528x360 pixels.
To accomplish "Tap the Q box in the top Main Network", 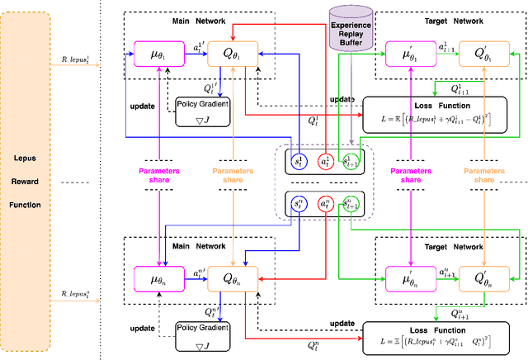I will [x=233, y=57].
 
